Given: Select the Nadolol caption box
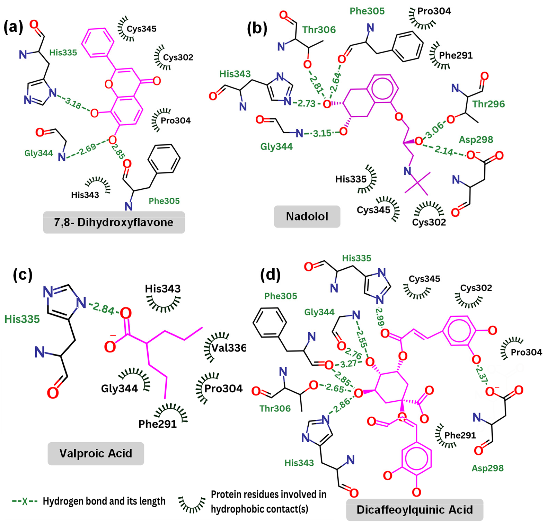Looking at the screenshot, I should pos(307,216).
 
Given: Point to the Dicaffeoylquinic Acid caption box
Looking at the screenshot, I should pos(415,509).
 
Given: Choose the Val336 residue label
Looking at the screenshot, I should pos(228,348).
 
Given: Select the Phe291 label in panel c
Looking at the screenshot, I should pos(158,424).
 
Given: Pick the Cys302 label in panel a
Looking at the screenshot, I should pos(178,57).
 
